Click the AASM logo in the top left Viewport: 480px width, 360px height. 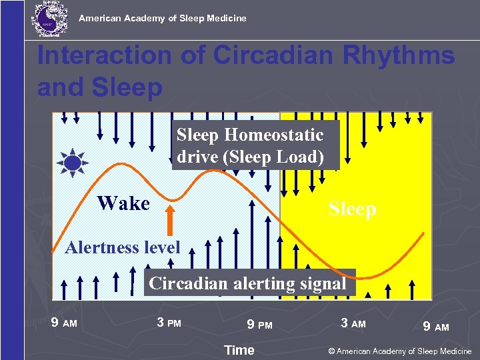tap(49, 18)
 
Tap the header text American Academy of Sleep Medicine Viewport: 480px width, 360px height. tap(163, 18)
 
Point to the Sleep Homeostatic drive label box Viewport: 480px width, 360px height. tap(255, 145)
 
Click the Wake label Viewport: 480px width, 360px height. tap(123, 203)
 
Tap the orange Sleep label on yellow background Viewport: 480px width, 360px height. tap(352, 209)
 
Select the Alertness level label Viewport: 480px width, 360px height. tap(123, 248)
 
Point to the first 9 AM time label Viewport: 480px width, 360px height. tap(64, 323)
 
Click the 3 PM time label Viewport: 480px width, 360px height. tap(169, 323)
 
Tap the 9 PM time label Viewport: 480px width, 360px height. tap(259, 325)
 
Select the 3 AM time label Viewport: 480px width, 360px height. tap(353, 323)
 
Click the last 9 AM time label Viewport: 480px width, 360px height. tap(436, 327)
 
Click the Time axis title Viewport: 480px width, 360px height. tap(239, 350)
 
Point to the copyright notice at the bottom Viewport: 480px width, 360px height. tap(399, 351)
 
